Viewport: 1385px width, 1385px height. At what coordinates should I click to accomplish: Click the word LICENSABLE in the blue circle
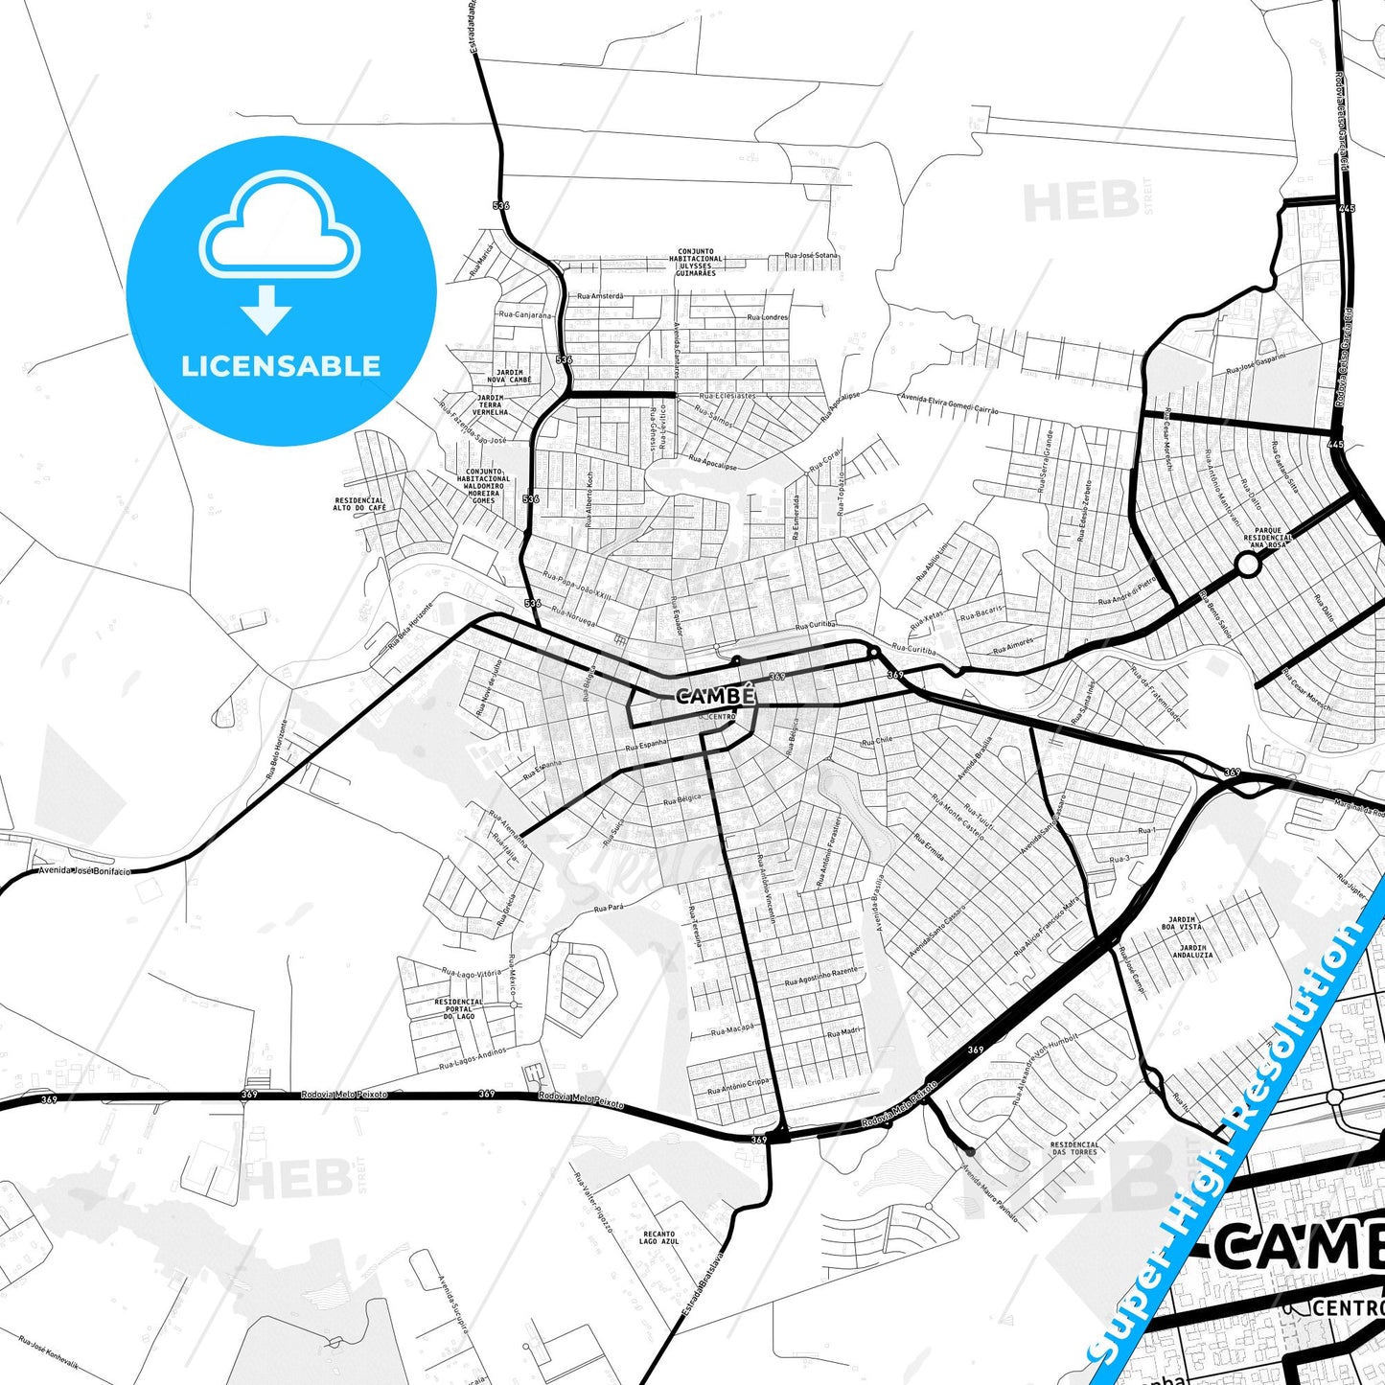click(281, 366)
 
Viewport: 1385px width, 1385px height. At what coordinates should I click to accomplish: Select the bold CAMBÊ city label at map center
click(716, 696)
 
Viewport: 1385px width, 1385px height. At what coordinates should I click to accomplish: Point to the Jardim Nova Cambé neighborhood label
click(508, 376)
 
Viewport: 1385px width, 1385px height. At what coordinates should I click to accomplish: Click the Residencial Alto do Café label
click(359, 503)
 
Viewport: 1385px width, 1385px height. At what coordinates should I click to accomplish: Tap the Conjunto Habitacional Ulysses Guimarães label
click(696, 263)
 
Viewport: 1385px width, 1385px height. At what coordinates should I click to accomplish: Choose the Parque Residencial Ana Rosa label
click(1267, 537)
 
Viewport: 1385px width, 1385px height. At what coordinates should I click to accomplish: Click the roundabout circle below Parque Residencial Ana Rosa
click(1247, 566)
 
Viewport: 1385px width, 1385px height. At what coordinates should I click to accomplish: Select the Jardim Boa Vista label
click(1181, 923)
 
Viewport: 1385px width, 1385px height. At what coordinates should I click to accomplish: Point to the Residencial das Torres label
click(1074, 1147)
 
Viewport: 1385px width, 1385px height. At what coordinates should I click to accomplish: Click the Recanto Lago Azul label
click(658, 1237)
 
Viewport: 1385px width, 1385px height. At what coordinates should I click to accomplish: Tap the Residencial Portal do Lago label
click(459, 1008)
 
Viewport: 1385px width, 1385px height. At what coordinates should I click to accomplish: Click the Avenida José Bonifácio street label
click(83, 871)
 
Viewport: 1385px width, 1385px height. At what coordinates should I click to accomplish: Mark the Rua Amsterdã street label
click(599, 296)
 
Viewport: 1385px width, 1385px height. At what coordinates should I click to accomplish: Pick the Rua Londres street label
click(767, 317)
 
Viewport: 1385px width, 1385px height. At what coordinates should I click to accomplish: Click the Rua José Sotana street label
click(811, 256)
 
